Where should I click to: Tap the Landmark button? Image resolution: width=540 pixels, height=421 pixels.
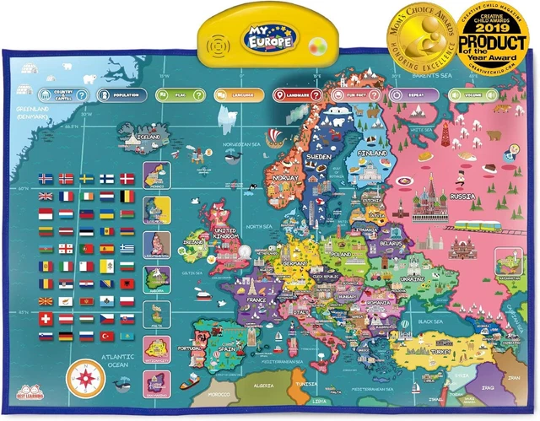click(x=297, y=96)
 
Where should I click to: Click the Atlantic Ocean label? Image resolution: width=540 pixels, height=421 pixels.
click(x=112, y=361)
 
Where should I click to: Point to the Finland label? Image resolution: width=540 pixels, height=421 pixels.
click(x=373, y=154)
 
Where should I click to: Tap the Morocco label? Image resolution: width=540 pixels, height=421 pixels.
click(x=221, y=394)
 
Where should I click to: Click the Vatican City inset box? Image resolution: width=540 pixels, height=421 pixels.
click(x=157, y=349)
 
